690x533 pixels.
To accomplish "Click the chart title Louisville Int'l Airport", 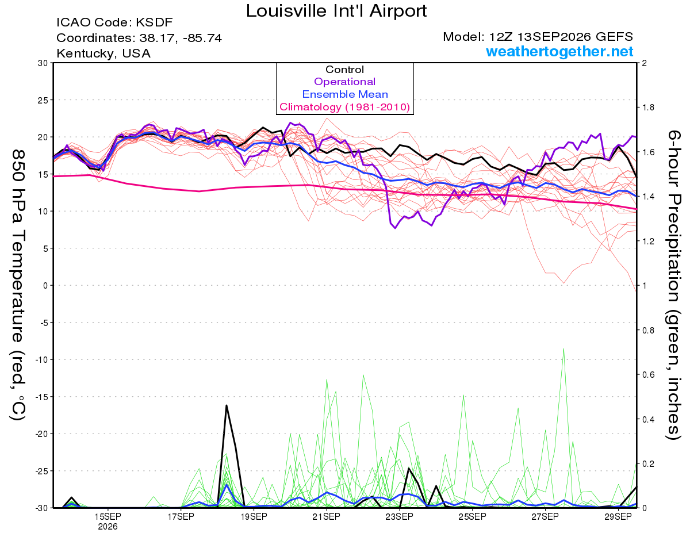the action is tap(336, 11).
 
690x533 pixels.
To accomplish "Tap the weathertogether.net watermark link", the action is tap(559, 51).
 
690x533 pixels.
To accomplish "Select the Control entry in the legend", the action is tap(344, 70).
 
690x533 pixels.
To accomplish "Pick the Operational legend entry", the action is tap(344, 82).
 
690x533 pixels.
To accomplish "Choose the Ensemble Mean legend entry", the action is tap(345, 94).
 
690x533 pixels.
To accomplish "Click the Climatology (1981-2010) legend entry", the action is tap(345, 107).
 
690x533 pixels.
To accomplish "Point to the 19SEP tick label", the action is tap(254, 517).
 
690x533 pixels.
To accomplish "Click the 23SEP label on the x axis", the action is tap(400, 517).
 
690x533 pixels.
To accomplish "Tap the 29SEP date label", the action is tap(618, 517).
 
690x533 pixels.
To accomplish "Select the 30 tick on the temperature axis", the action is tap(43, 63).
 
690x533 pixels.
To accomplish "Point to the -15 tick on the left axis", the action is tap(41, 397).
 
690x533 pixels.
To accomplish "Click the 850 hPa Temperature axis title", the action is tap(18, 285).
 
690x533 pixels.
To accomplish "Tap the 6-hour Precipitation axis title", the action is tap(673, 285).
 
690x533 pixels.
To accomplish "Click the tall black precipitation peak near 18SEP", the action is tap(227, 405).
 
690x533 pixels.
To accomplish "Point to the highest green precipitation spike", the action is tap(563, 349).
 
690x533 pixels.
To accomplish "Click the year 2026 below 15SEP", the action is tap(108, 527).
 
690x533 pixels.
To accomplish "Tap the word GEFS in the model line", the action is tap(615, 37).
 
